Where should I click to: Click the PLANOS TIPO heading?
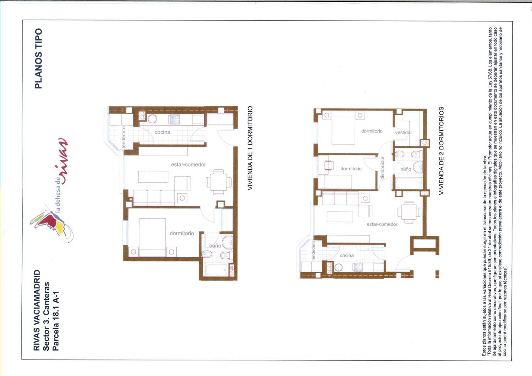click(x=38, y=58)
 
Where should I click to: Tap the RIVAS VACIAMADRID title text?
click(x=37, y=310)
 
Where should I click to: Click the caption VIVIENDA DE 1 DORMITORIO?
click(x=250, y=148)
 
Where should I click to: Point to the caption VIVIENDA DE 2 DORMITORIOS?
click(x=441, y=151)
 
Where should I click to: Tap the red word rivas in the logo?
click(x=62, y=161)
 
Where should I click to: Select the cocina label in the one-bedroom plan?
click(x=162, y=132)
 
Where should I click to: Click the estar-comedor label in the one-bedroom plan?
click(x=188, y=164)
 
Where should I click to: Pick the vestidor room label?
click(x=404, y=133)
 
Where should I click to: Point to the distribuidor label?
click(x=382, y=168)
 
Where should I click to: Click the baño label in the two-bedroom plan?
click(x=406, y=169)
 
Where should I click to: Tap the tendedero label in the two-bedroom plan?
click(x=313, y=251)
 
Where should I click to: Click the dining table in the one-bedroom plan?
click(x=218, y=182)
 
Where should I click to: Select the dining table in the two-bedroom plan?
click(x=409, y=212)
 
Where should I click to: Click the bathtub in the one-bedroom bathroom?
click(x=217, y=269)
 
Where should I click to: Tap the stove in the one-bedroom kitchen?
click(x=174, y=119)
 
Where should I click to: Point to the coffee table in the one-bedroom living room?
click(x=153, y=177)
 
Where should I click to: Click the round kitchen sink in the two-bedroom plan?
click(x=338, y=268)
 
